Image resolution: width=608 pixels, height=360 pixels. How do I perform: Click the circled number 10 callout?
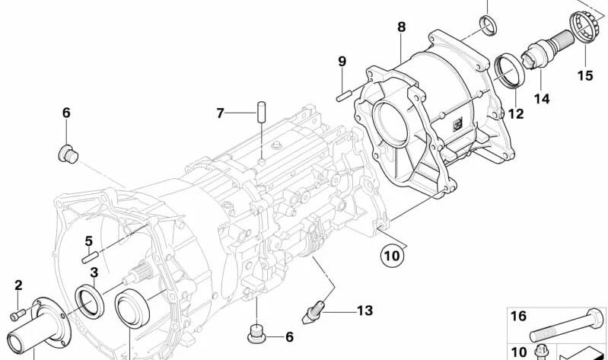coord(392,256)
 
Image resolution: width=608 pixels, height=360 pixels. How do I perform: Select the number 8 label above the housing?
coord(401,27)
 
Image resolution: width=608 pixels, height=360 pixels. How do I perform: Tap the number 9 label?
coord(342,62)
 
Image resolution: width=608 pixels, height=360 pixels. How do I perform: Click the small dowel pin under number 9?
coord(344,95)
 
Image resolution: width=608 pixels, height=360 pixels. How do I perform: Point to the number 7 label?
coord(220,113)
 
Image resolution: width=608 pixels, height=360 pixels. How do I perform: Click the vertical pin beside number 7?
coord(262,112)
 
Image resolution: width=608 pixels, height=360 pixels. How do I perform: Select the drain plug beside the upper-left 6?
coord(68,154)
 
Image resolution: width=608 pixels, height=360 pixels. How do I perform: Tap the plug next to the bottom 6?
coord(256,336)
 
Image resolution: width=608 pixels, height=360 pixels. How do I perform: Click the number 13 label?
coord(364,311)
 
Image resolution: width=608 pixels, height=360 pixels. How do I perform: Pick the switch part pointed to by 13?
coord(313,312)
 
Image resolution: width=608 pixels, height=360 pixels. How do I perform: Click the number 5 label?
coord(89,241)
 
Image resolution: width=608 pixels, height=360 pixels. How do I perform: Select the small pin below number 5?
coord(91,257)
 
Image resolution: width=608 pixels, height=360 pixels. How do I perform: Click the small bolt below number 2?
coord(18,314)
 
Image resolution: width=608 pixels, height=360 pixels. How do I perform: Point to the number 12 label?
coord(516,113)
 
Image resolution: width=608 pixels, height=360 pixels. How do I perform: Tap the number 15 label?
coord(585,75)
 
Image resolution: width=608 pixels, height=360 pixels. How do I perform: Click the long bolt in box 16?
coord(567,326)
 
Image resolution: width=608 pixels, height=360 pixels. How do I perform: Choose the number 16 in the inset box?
coord(518,316)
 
